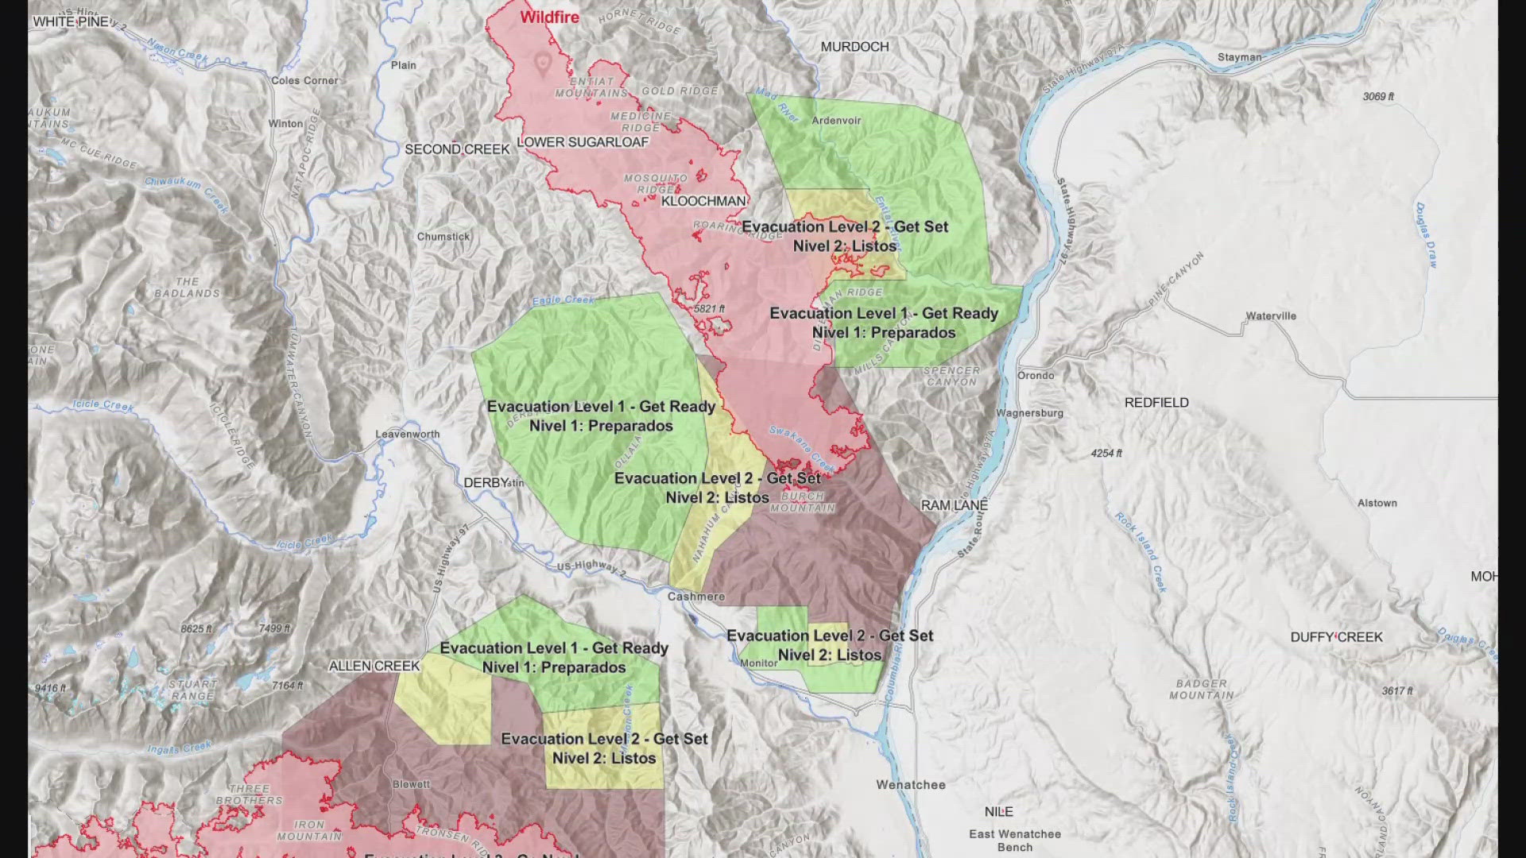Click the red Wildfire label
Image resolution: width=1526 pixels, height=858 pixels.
pyautogui.click(x=549, y=17)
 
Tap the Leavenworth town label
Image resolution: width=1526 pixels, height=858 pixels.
pyautogui.click(x=407, y=435)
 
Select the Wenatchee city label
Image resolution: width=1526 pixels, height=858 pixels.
pyautogui.click(x=911, y=785)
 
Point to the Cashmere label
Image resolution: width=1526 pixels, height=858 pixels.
pyautogui.click(x=696, y=597)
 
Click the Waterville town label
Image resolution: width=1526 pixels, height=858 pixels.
pyautogui.click(x=1271, y=316)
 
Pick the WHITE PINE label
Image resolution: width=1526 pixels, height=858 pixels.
pyautogui.click(x=71, y=21)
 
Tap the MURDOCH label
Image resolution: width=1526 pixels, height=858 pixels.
pyautogui.click(x=854, y=47)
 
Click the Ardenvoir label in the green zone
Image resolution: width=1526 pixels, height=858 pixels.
pyautogui.click(x=836, y=121)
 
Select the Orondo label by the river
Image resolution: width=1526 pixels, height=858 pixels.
pyautogui.click(x=1036, y=376)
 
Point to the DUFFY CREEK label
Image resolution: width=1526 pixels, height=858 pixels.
pyautogui.click(x=1336, y=637)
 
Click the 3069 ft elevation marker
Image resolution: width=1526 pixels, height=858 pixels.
pyautogui.click(x=1378, y=97)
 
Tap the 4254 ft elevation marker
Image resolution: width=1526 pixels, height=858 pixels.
pyautogui.click(x=1106, y=454)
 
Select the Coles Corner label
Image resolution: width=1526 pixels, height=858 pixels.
pyautogui.click(x=304, y=81)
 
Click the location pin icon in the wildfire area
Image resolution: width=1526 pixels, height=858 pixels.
pyautogui.click(x=543, y=64)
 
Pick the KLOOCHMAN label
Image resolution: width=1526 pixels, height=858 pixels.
pyautogui.click(x=703, y=202)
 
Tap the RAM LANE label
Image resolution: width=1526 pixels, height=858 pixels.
pyautogui.click(x=955, y=505)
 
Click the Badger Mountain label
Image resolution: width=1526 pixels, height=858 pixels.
pyautogui.click(x=1201, y=690)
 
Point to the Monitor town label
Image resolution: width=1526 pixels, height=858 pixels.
pyautogui.click(x=758, y=663)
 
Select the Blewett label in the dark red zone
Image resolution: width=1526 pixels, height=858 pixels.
pyautogui.click(x=411, y=785)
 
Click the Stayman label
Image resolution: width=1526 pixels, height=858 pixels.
pyautogui.click(x=1239, y=57)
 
